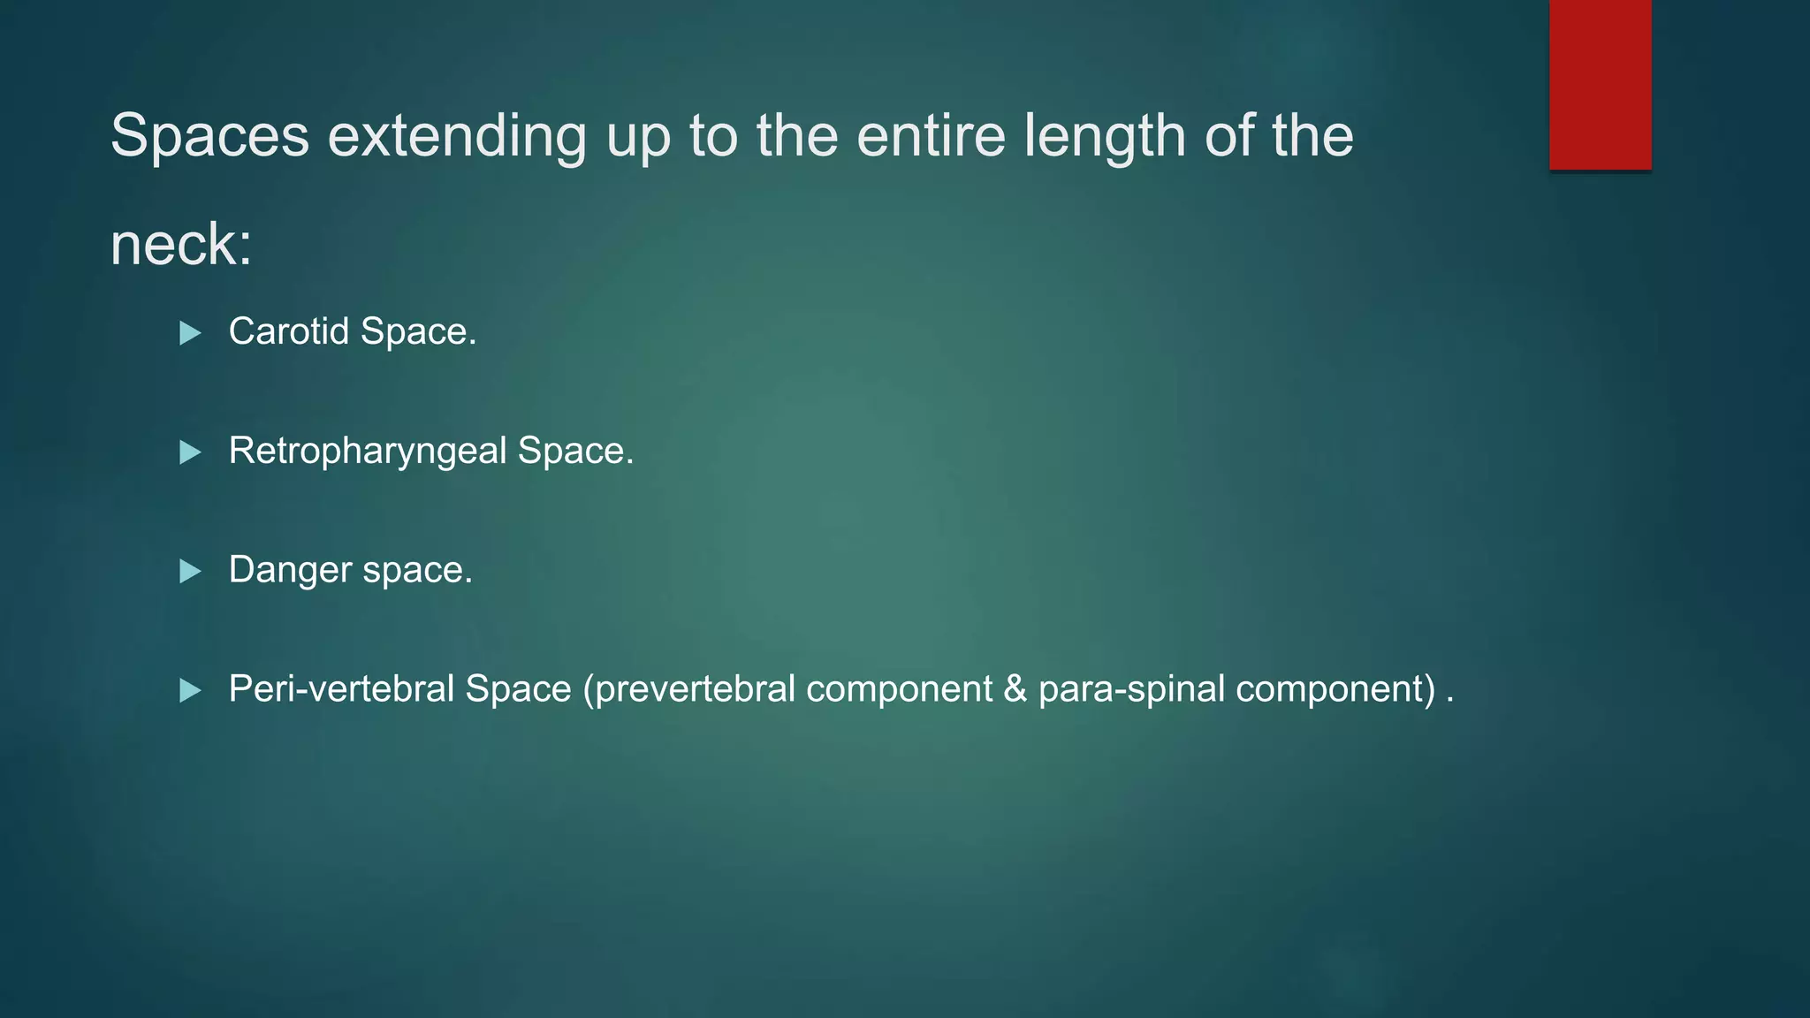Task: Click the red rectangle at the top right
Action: coord(1600,84)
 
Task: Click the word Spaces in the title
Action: coord(209,136)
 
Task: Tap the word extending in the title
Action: coord(457,136)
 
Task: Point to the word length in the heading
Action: coord(1104,136)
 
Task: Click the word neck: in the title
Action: coord(181,245)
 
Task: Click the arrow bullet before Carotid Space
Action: coord(190,333)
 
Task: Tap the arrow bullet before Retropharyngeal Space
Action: coord(190,452)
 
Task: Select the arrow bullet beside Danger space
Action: coord(190,572)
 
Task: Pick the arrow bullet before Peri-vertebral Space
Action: coord(190,690)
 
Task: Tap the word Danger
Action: coord(290,570)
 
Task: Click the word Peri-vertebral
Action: coord(341,688)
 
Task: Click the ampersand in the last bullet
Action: coord(1015,689)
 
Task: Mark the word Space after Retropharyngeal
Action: coord(575,451)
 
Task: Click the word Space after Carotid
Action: coord(418,331)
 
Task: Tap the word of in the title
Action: coord(1228,136)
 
